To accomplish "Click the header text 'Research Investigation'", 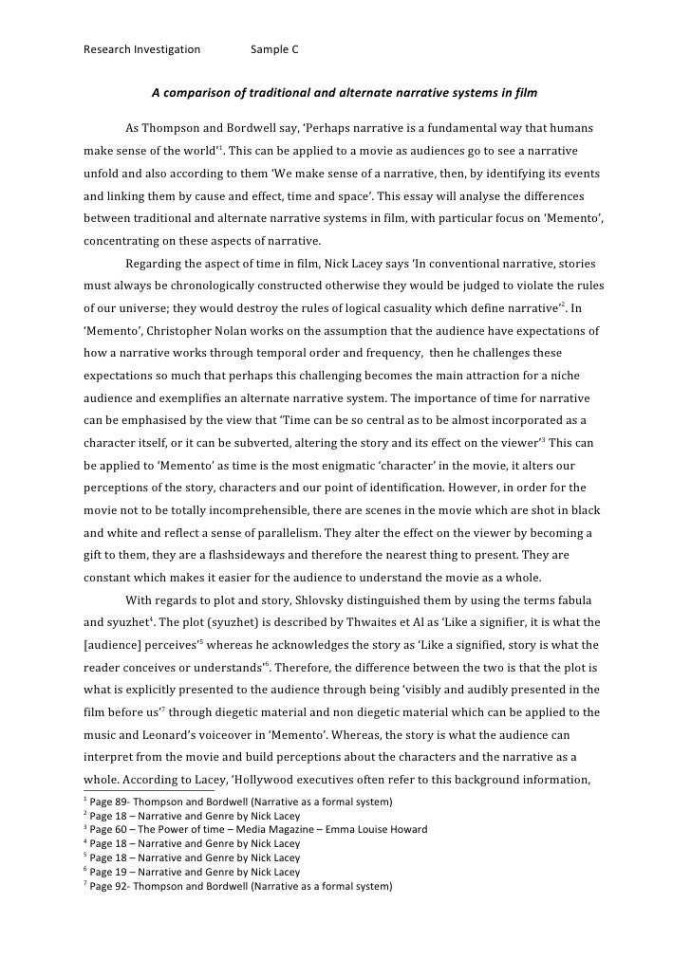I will (142, 49).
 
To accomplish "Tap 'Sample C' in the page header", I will (274, 49).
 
